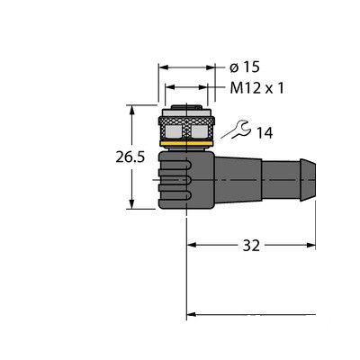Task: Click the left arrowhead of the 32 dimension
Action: (192, 243)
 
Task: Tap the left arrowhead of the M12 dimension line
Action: (167, 88)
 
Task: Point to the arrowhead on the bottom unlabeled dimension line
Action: (192, 315)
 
